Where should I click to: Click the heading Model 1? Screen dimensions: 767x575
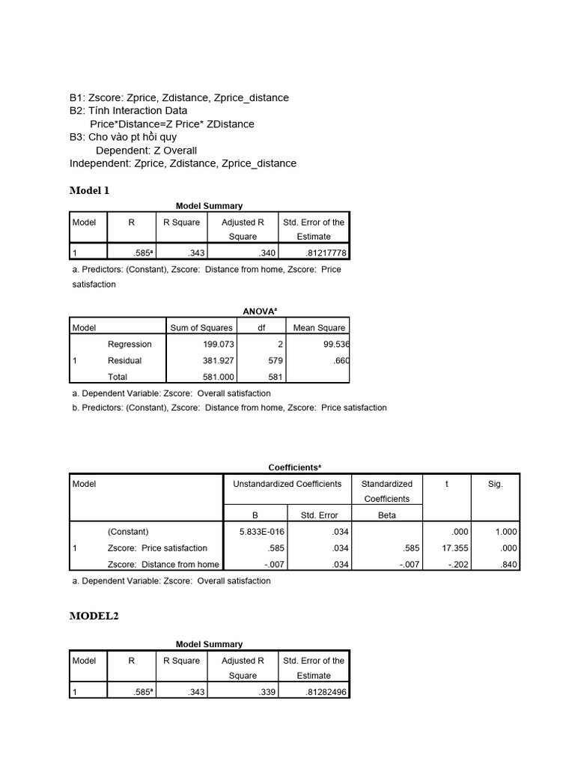coord(89,190)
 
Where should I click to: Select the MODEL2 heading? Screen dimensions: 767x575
coord(94,616)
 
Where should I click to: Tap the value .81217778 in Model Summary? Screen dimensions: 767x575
coord(321,253)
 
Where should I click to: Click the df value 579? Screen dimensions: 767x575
coord(275,360)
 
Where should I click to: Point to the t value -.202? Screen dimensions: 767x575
coord(457,565)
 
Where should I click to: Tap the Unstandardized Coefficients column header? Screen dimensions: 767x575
coord(287,484)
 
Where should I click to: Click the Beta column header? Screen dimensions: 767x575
coord(387,515)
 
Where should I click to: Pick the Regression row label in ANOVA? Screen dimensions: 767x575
coord(130,345)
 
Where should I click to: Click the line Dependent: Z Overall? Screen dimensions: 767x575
coord(146,151)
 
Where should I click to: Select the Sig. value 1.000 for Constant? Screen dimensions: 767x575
coord(505,532)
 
